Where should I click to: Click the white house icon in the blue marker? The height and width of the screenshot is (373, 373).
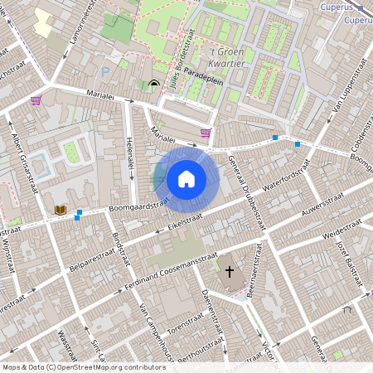[x=186, y=178]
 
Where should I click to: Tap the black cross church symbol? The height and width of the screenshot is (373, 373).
[x=230, y=269]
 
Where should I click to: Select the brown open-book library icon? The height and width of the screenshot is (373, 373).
[x=59, y=211]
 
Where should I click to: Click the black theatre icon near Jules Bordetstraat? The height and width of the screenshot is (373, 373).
[x=154, y=84]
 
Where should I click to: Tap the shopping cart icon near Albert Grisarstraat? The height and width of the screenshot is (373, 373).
[x=36, y=100]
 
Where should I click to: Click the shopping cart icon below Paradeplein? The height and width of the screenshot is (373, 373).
[x=205, y=132]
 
